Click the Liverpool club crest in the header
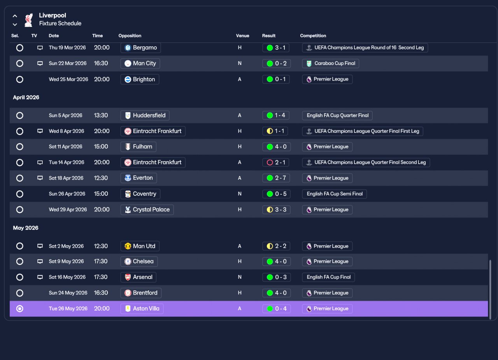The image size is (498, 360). tap(29, 20)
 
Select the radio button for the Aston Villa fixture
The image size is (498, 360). tap(20, 309)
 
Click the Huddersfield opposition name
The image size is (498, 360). tap(149, 116)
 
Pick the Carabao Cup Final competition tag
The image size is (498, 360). tap(330, 63)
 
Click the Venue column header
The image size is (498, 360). tap(242, 36)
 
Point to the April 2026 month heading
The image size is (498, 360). tap(26, 97)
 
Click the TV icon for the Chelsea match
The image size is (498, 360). tap(40, 262)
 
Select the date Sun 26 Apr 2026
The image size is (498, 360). tap(67, 194)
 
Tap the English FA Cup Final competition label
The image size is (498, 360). tap(328, 277)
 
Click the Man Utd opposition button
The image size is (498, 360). tap(140, 246)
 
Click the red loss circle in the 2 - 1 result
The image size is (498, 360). tap(270, 163)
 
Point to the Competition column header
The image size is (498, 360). tap(313, 36)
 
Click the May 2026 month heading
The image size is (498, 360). tap(26, 228)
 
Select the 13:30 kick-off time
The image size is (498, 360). tap(101, 116)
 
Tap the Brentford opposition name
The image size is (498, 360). tap(145, 293)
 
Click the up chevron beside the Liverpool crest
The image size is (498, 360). tap(15, 16)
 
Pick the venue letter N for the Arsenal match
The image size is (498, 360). tap(240, 277)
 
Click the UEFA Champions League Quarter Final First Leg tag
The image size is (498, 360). tap(363, 131)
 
